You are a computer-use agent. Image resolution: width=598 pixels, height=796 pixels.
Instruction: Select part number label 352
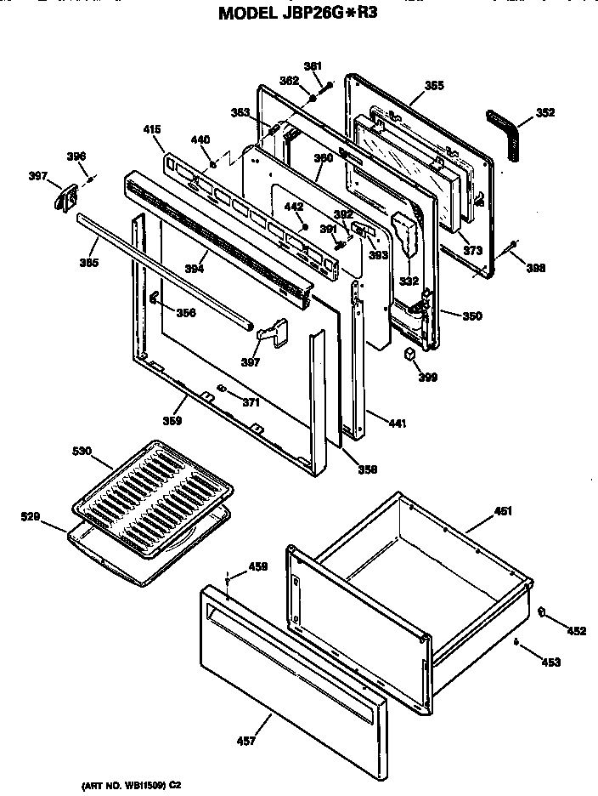546,111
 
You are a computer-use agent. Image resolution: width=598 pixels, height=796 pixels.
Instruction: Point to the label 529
29,515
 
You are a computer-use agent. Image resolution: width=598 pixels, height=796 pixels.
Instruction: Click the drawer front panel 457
289,655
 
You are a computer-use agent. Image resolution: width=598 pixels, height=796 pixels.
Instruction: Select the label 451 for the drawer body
503,511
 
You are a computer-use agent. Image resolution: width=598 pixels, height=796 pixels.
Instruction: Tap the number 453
550,662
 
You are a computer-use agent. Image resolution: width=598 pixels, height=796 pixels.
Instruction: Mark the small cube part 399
409,354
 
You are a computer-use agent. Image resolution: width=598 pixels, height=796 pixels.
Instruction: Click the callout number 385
88,263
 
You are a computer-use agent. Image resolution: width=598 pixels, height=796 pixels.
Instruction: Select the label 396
76,156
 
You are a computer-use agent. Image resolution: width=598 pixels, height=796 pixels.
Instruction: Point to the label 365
434,85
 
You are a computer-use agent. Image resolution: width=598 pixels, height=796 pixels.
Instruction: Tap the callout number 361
313,66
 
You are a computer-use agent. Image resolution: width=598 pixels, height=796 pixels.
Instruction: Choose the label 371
250,402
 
